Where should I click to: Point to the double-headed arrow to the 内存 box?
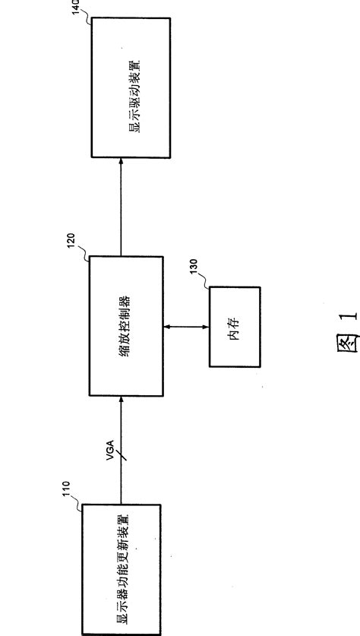[187, 329]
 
